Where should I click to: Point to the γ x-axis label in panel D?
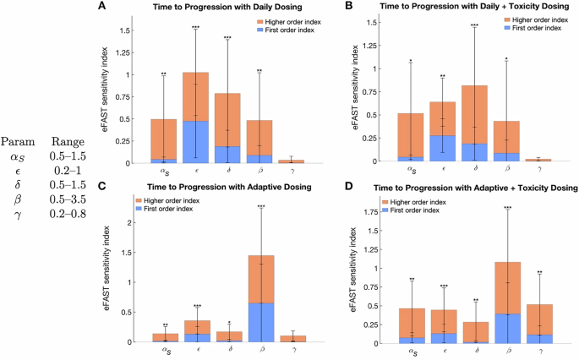[x=538, y=352]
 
